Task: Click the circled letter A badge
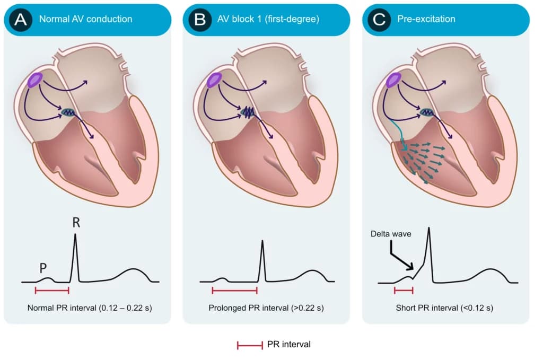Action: pos(21,20)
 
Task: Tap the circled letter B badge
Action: pos(200,20)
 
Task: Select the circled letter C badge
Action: pos(379,20)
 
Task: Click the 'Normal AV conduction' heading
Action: pos(85,19)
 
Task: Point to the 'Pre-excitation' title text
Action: pos(426,19)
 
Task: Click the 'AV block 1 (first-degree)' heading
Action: pos(268,19)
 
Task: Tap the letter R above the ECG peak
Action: pos(76,222)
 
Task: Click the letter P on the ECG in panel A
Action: pos(43,268)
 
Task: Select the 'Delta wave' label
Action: pos(391,234)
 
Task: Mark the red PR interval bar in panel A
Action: pos(52,291)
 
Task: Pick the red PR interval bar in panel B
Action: pos(234,291)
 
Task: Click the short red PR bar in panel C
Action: pos(404,291)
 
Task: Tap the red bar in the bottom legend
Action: pos(250,345)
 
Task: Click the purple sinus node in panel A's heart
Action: pos(36,80)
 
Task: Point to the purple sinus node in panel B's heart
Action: pos(214,80)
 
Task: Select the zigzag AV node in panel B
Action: pos(248,112)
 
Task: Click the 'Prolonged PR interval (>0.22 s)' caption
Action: pos(266,308)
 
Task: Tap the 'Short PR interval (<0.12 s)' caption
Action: pos(444,308)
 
